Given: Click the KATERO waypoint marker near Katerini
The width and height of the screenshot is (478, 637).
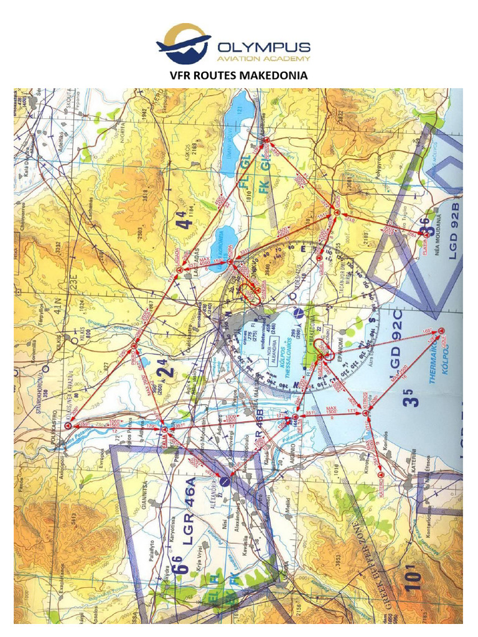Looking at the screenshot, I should tap(380, 475).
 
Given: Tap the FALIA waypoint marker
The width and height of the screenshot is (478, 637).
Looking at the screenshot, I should tap(164, 430).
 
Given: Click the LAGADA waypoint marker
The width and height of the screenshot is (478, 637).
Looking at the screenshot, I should tap(180, 271).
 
